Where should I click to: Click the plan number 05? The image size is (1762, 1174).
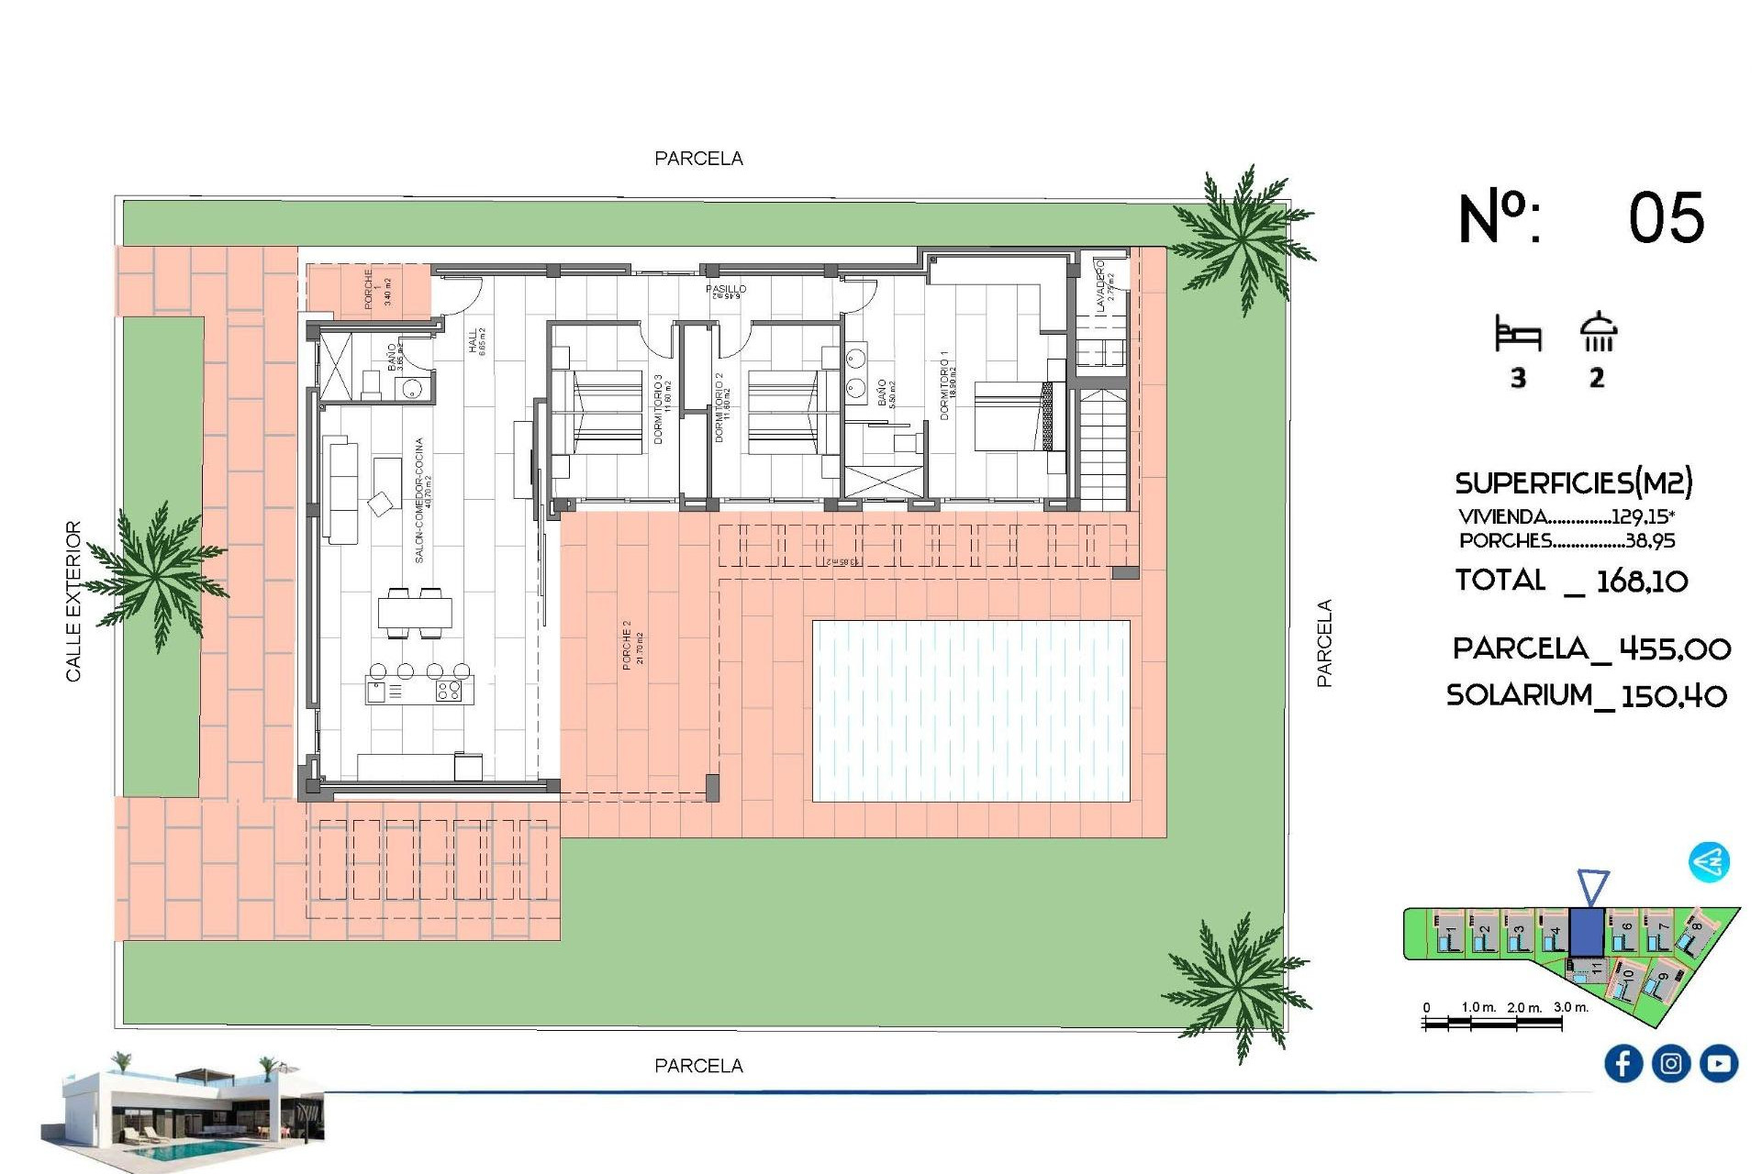[1666, 218]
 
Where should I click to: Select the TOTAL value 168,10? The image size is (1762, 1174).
[1642, 581]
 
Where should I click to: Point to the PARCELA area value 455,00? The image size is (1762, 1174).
[1675, 649]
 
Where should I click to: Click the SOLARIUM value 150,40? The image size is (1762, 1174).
[1674, 696]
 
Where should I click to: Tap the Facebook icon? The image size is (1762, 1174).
[1623, 1063]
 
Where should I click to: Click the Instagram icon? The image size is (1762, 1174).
[1670, 1063]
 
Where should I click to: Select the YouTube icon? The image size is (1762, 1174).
[1718, 1063]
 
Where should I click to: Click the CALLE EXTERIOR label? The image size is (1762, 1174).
[73, 601]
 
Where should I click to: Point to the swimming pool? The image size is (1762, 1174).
[971, 711]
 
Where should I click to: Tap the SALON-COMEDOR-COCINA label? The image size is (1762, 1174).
[421, 500]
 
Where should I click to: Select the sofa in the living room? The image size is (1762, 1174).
[341, 491]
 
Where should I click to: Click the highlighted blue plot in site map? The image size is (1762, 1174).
[1586, 931]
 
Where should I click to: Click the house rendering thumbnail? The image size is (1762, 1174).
[184, 1110]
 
